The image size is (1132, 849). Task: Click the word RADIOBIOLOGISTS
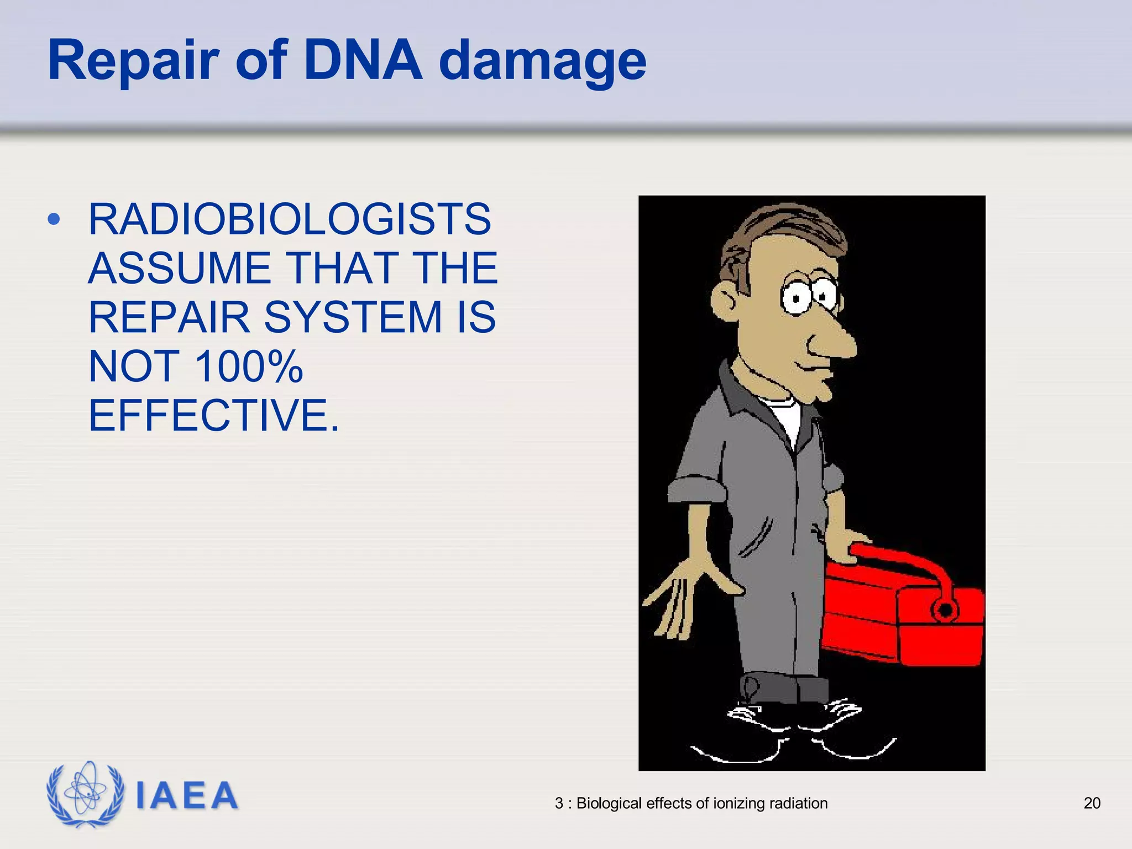coord(290,219)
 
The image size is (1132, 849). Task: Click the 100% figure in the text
coord(249,366)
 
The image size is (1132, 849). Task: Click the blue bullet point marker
coord(54,219)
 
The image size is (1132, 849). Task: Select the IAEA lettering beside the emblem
coord(187,796)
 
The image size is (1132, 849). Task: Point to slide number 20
coord(1092,803)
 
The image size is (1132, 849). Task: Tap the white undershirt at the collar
coord(786,417)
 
